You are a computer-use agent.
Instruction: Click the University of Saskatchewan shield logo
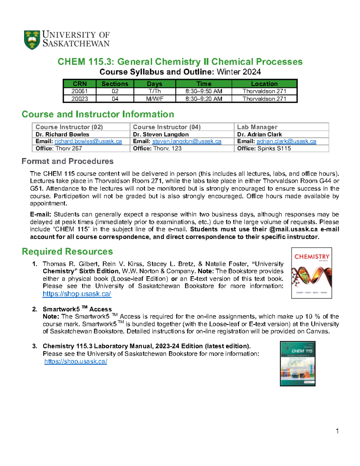coord(32,40)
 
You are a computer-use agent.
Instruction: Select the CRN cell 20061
coord(79,91)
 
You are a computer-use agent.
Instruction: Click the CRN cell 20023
coord(79,99)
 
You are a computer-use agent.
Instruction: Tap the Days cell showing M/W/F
coord(154,99)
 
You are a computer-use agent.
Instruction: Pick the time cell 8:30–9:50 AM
coord(204,91)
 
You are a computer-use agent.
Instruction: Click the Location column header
coord(264,84)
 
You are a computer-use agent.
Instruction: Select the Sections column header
coord(115,84)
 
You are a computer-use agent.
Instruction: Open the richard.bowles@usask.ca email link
coord(88,141)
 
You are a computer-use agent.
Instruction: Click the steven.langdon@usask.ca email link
coord(187,141)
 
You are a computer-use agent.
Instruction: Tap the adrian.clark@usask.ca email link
coord(286,141)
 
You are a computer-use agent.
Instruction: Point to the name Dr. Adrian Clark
coord(259,134)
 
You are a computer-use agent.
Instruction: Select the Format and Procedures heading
coord(67,161)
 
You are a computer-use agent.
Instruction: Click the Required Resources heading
coord(67,251)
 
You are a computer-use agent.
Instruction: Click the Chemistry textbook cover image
coord(311,273)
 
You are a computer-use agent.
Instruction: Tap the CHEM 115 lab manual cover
coord(298,363)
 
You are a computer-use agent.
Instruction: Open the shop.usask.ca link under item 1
coord(77,294)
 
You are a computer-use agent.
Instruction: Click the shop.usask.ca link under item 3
coord(76,361)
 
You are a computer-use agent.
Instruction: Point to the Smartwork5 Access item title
coord(77,309)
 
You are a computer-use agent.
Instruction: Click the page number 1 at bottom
coord(337,431)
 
